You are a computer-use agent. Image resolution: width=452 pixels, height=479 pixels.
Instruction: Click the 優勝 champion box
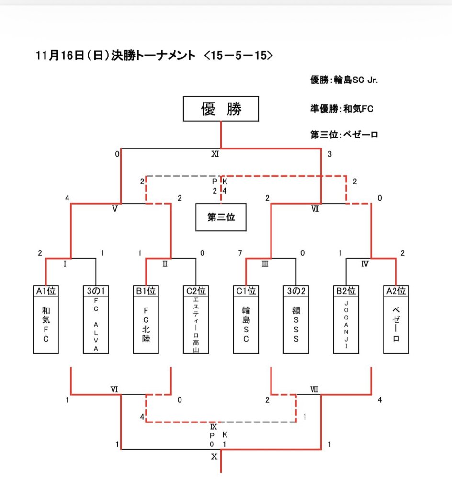pyautogui.click(x=221, y=109)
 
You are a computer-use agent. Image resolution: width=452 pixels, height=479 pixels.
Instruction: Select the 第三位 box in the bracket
pyautogui.click(x=221, y=217)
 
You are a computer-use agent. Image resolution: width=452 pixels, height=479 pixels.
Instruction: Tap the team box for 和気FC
pyautogui.click(x=46, y=325)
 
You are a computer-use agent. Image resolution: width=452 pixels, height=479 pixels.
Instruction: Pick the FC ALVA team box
pyautogui.click(x=96, y=325)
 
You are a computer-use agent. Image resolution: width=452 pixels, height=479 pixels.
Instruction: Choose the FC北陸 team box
pyautogui.click(x=146, y=325)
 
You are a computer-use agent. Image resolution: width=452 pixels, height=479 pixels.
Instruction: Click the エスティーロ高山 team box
pyautogui.click(x=196, y=325)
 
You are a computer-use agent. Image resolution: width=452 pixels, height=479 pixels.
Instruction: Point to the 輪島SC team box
pyautogui.click(x=246, y=325)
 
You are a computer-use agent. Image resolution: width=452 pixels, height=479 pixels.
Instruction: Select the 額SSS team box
pyautogui.click(x=296, y=325)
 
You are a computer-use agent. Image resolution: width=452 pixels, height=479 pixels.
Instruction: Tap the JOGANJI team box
pyautogui.click(x=346, y=325)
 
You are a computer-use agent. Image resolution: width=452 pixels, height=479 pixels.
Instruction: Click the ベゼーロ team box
pyautogui.click(x=396, y=325)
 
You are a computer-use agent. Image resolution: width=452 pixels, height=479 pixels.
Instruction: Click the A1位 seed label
pyautogui.click(x=46, y=291)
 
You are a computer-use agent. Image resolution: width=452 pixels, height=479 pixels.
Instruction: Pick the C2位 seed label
pyautogui.click(x=196, y=291)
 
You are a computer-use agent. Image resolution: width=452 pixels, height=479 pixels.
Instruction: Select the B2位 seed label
pyautogui.click(x=346, y=291)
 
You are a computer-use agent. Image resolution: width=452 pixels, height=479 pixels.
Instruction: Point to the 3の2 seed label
pyautogui.click(x=296, y=291)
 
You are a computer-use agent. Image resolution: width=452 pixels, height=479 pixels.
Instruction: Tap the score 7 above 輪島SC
pyautogui.click(x=239, y=252)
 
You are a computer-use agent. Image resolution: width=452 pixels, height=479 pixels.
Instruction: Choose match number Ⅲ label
pyautogui.click(x=265, y=263)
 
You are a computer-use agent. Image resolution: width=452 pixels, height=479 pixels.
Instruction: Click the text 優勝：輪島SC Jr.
pyautogui.click(x=344, y=80)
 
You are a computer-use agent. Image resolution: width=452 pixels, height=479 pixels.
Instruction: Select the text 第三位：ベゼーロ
pyautogui.click(x=344, y=135)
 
